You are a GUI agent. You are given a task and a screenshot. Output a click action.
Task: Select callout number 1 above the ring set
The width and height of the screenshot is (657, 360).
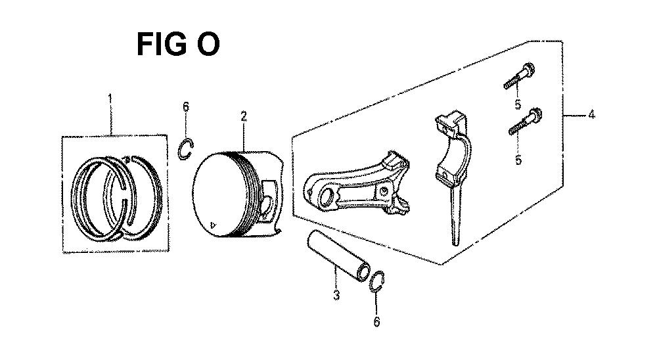pos(110,99)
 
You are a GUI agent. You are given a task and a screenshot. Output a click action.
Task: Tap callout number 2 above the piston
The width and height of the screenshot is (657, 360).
pos(244,116)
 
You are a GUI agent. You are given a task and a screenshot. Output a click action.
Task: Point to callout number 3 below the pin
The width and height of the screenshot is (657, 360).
pos(336,295)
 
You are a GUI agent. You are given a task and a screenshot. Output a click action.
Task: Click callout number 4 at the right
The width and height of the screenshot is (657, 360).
pos(591,114)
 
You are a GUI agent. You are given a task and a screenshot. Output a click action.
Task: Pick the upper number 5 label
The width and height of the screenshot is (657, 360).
pos(518,104)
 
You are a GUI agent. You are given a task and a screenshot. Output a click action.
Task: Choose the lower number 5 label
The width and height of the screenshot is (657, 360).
pos(518,160)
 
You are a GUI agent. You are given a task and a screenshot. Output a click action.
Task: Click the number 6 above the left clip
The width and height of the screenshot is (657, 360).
pos(186,107)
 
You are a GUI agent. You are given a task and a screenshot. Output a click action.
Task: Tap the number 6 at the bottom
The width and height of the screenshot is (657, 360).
pos(376,321)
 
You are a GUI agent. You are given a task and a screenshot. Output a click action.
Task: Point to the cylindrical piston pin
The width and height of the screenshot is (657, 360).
pos(338,256)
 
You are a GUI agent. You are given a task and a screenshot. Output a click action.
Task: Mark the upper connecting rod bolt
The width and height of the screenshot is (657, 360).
pos(520,76)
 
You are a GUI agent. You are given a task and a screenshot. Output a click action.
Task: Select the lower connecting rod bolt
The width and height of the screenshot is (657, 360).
pos(526,122)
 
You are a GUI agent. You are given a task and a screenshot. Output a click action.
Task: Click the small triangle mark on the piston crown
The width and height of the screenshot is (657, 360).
pos(214,223)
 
